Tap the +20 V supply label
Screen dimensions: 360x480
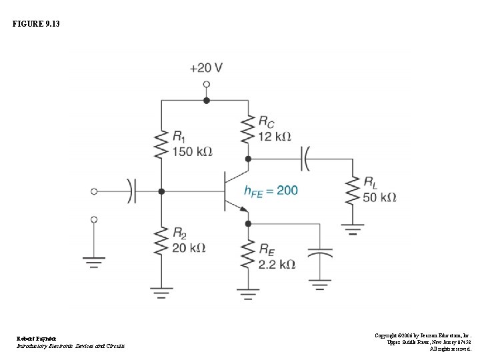pos(206,68)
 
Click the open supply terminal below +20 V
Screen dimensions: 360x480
pos(206,85)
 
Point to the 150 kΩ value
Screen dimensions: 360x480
pos(192,151)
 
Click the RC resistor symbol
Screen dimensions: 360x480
pos(248,129)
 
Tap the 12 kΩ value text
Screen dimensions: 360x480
pos(275,136)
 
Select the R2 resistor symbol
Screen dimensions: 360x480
pos(161,240)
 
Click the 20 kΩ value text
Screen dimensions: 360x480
pos(189,248)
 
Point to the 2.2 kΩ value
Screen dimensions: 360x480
pos(277,264)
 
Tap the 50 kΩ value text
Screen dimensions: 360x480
pos(380,197)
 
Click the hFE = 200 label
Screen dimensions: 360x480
pos(271,191)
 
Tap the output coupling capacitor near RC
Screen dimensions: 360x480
pos(306,159)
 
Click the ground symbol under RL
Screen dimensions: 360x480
pos(353,230)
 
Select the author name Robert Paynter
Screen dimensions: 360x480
pos(37,339)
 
